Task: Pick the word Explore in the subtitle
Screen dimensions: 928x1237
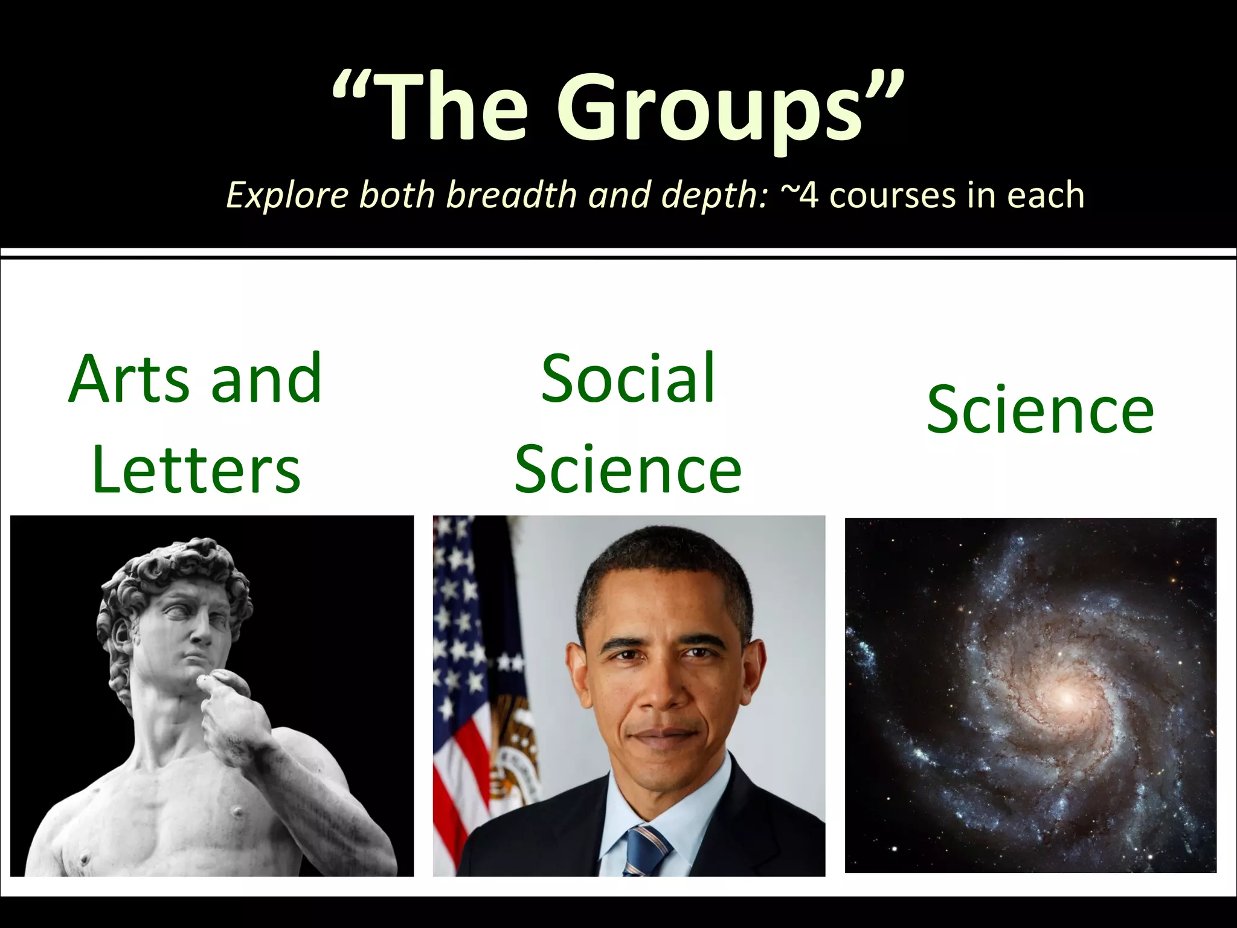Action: pyautogui.click(x=288, y=196)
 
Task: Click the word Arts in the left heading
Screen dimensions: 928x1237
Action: pyautogui.click(x=129, y=379)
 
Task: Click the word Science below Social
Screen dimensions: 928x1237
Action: pyautogui.click(x=628, y=470)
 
